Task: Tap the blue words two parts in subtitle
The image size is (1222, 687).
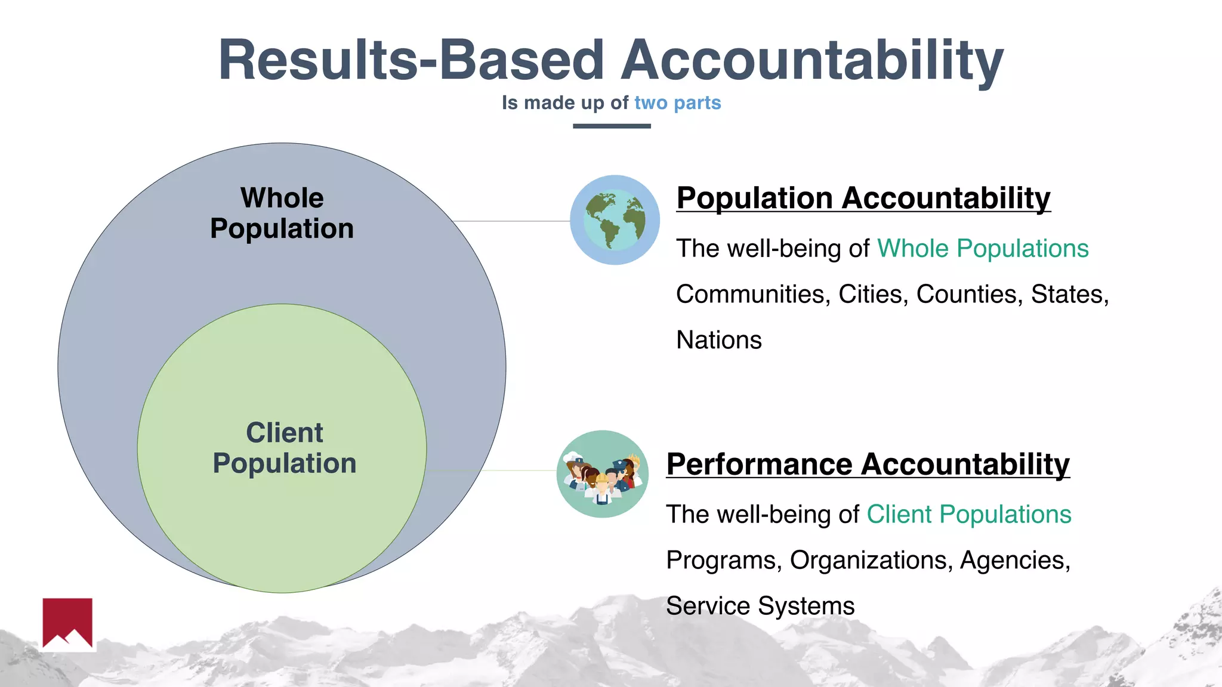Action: point(677,103)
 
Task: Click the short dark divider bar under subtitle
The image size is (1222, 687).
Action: point(612,126)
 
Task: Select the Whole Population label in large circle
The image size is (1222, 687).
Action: point(282,213)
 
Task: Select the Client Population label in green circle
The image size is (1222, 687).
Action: point(285,448)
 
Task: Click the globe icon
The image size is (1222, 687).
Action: point(615,220)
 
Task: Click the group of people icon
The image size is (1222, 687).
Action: point(602,474)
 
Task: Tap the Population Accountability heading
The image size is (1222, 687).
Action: point(863,198)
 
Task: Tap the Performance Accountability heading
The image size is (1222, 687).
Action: point(868,464)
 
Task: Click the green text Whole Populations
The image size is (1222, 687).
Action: point(983,248)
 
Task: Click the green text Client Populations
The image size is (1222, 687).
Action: point(969,514)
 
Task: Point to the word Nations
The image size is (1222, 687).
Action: point(719,340)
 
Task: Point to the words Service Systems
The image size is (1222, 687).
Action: point(760,606)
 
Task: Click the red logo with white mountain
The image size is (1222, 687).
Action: point(67,623)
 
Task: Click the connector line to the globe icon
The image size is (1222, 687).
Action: point(511,221)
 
